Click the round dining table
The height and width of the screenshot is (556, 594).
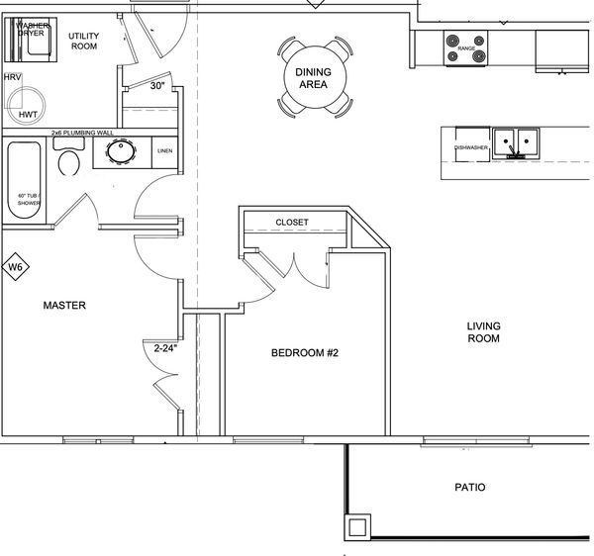(314, 77)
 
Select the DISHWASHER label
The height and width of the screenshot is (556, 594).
(471, 147)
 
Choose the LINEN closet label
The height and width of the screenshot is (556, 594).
(165, 151)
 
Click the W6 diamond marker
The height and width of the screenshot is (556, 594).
(15, 266)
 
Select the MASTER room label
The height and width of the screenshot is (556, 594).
(64, 306)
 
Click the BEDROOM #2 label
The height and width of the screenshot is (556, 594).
(306, 352)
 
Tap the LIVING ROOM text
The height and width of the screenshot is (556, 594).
(484, 332)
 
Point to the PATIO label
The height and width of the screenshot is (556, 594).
(470, 488)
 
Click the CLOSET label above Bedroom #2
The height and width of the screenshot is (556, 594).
(292, 223)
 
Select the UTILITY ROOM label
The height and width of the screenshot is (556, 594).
(83, 41)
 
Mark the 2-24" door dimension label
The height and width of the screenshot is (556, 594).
(163, 347)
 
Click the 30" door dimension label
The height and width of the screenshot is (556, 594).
(156, 85)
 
